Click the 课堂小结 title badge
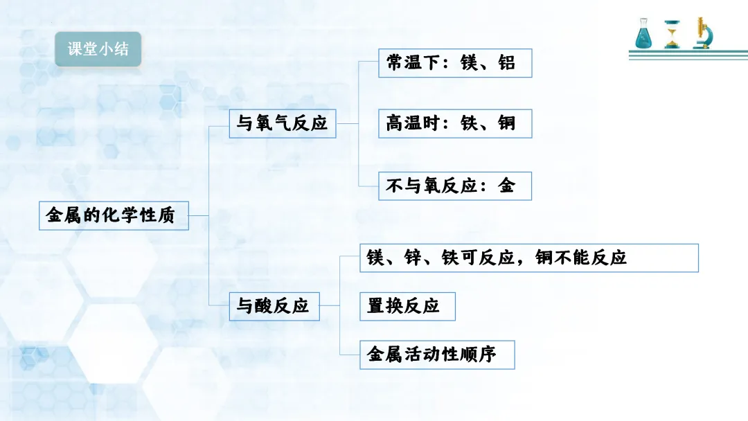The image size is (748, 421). tap(98, 49)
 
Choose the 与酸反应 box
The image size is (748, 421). tap(274, 306)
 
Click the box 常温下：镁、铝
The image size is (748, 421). tap(455, 63)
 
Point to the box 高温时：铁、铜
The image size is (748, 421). tap(455, 124)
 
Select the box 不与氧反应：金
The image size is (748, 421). tap(455, 186)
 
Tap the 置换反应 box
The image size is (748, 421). tap(408, 306)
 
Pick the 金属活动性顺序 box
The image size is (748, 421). tap(438, 355)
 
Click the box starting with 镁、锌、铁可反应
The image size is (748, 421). tap(529, 258)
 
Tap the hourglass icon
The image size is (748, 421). tap(672, 34)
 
